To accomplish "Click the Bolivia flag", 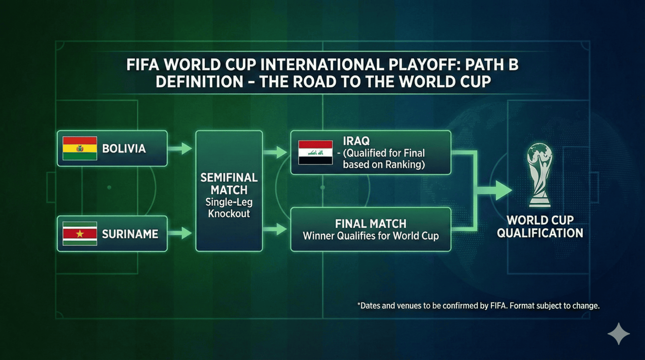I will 80,148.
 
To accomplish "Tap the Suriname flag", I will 80,234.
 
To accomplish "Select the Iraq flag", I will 316,153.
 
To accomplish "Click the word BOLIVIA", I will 124,148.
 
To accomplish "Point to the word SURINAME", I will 130,234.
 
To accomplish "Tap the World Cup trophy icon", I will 539,175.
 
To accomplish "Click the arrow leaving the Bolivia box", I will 181,148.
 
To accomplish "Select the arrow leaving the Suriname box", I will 181,233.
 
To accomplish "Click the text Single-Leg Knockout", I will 229,208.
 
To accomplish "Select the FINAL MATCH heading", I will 370,224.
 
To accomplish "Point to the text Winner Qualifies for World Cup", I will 370,236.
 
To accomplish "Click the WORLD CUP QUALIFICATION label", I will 539,226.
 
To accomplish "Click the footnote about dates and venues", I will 478,306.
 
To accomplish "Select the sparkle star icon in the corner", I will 618,334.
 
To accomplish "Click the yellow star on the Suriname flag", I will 80,234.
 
